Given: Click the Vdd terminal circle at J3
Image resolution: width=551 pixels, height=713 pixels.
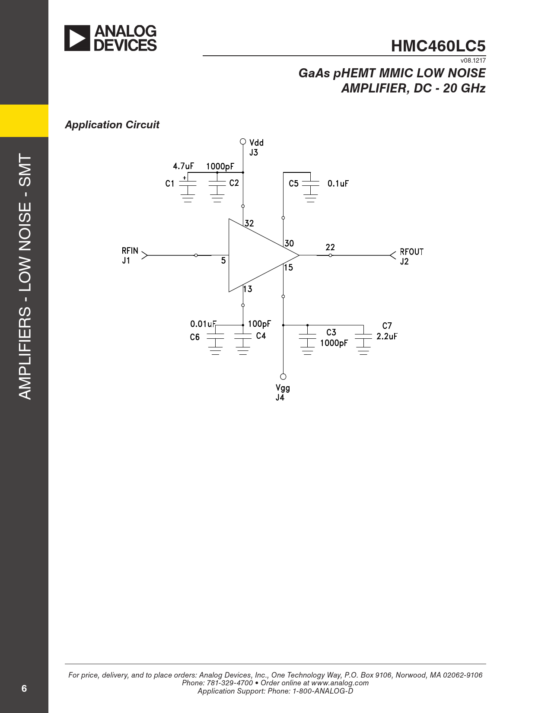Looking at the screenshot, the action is [x=243, y=141].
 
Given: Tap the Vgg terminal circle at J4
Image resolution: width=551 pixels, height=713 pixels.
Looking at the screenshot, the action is [x=283, y=376].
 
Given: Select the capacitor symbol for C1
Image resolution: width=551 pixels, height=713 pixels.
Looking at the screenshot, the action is [x=188, y=189].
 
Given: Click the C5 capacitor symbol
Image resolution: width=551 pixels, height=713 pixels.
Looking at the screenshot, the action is [x=310, y=189].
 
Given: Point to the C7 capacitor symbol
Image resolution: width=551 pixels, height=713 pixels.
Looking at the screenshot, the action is [x=363, y=341].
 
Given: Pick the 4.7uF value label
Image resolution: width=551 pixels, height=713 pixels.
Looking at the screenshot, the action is [x=183, y=166].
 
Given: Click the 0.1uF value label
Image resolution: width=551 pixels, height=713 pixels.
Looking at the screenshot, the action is [x=338, y=183].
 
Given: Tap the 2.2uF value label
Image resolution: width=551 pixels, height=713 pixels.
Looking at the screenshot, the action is [x=387, y=336].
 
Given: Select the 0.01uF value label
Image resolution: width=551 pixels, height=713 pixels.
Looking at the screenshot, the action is [x=203, y=324].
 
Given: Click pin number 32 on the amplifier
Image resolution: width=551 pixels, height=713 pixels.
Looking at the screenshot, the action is [x=249, y=223].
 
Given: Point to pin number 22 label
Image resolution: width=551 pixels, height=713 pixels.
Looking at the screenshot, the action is [x=330, y=247].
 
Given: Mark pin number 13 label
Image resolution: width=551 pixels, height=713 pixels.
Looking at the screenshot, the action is [x=248, y=289].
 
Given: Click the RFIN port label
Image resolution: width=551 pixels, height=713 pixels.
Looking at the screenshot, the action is [x=130, y=251].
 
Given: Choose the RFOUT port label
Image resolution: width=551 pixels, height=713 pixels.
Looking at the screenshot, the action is [x=411, y=252].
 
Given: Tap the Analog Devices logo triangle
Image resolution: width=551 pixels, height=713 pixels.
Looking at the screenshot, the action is [x=77, y=38].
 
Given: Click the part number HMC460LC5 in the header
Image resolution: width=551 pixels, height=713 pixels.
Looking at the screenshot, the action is [x=438, y=46].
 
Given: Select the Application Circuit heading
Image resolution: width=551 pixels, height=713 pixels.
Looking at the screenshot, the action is [x=112, y=125].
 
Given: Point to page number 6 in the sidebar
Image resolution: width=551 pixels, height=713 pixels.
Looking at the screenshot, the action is [x=24, y=688].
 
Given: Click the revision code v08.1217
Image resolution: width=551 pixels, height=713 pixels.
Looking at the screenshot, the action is [x=473, y=60].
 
